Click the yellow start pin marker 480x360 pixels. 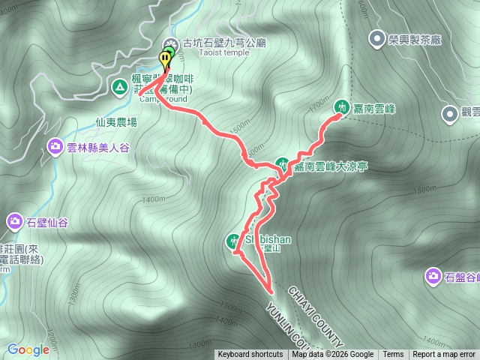coord(165,59)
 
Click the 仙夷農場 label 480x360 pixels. coord(116,121)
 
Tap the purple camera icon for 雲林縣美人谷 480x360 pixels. coord(55,145)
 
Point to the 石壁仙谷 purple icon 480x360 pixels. coord(15,221)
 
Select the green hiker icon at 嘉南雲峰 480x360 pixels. coord(341,107)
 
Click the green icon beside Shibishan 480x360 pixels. coord(233,241)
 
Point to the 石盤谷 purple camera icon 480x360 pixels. coord(433,276)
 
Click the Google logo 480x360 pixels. coord(28,349)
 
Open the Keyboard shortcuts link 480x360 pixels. coord(250,355)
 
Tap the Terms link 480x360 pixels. coord(393,355)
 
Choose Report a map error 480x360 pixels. coord(444,355)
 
